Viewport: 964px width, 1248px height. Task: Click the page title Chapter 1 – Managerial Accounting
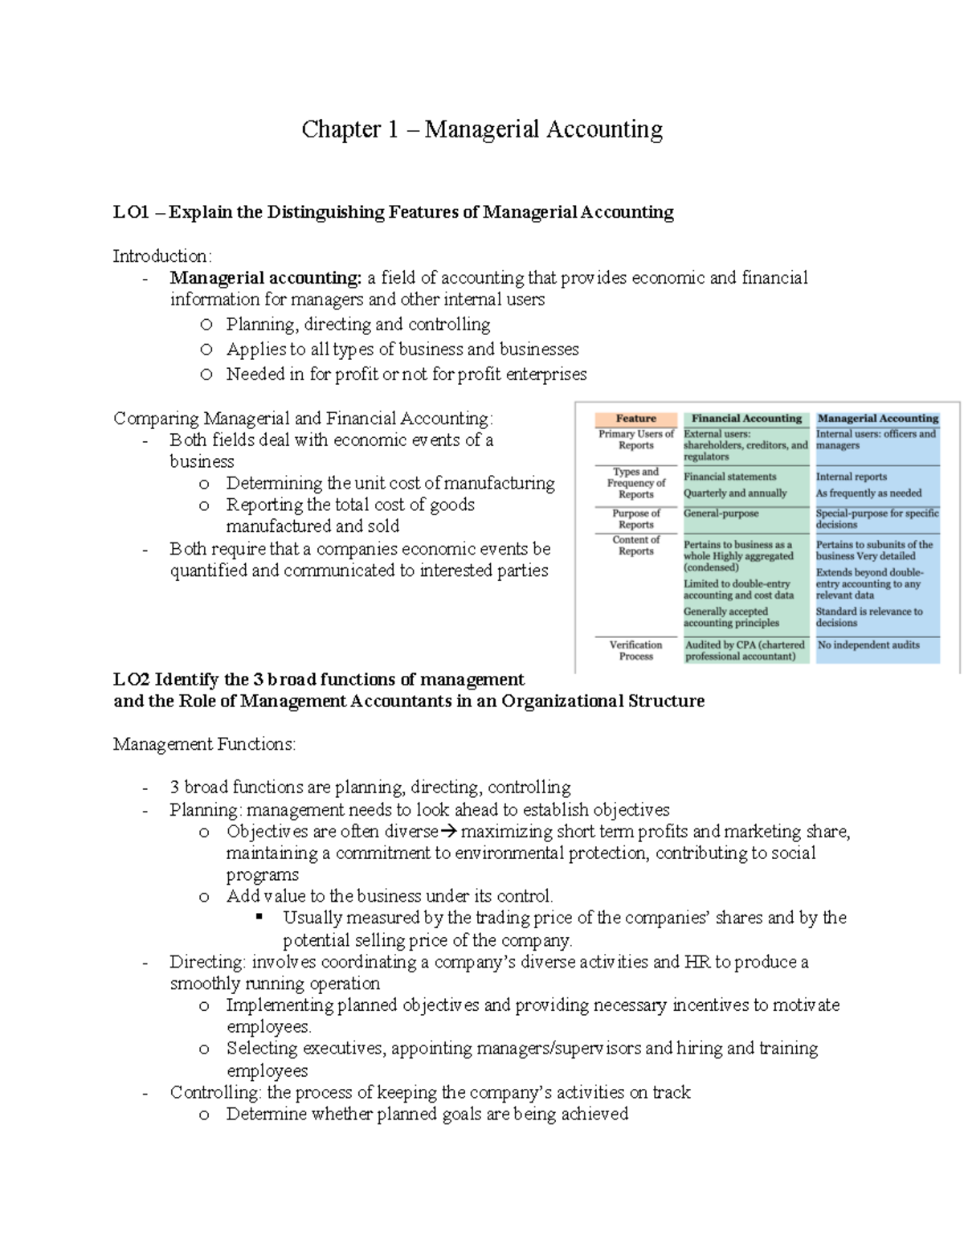point(482,129)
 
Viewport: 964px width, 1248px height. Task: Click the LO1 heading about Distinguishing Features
point(393,212)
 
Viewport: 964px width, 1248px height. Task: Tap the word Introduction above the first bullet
point(161,256)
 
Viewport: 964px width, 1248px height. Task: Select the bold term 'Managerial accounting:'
point(266,278)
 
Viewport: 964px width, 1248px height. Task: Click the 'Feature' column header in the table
point(635,419)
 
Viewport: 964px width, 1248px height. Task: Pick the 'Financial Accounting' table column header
point(746,419)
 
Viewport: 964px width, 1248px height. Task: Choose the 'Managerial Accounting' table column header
point(877,419)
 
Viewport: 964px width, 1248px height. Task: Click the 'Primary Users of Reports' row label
point(635,440)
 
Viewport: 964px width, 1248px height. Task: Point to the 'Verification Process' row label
point(635,651)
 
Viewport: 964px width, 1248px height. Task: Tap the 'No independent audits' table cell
point(868,645)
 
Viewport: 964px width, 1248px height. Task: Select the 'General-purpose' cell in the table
point(721,514)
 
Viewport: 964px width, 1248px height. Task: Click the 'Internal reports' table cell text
point(851,477)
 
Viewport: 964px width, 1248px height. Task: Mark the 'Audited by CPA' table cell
point(744,651)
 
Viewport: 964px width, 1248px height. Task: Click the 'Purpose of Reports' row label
point(635,519)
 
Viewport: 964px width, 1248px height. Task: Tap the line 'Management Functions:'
point(204,745)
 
